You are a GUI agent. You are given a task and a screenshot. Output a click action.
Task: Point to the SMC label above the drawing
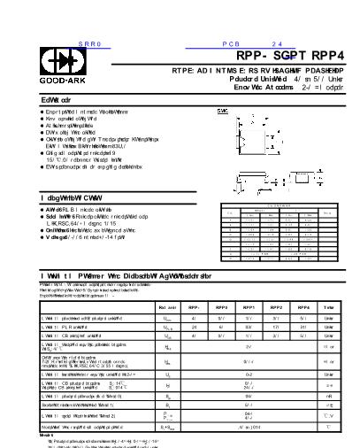tap(223, 111)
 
